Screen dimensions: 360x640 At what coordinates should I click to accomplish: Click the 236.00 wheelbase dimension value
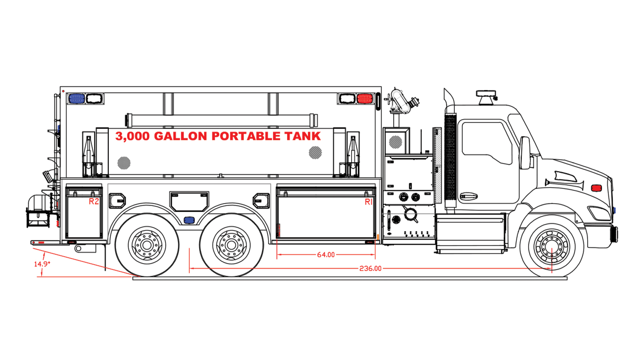(370, 268)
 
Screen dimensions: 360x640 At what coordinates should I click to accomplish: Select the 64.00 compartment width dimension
(326, 255)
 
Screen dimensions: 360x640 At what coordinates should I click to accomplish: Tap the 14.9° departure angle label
(42, 264)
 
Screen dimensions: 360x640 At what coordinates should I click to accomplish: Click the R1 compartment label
(368, 202)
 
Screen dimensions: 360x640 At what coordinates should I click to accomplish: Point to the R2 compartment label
(94, 202)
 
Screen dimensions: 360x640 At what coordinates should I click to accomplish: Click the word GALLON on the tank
(180, 136)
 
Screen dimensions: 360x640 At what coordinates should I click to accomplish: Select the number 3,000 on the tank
(132, 136)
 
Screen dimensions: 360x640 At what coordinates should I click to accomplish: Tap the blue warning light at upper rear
(76, 98)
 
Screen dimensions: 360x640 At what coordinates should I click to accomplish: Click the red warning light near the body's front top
(364, 98)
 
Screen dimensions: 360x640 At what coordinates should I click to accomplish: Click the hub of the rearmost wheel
(147, 245)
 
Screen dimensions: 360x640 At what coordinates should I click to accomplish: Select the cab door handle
(468, 196)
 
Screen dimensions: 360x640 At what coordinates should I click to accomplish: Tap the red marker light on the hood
(596, 188)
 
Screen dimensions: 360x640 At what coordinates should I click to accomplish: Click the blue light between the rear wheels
(189, 220)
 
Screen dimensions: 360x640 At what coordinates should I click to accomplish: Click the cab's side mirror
(525, 153)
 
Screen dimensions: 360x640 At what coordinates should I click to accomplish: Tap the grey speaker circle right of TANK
(315, 152)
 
